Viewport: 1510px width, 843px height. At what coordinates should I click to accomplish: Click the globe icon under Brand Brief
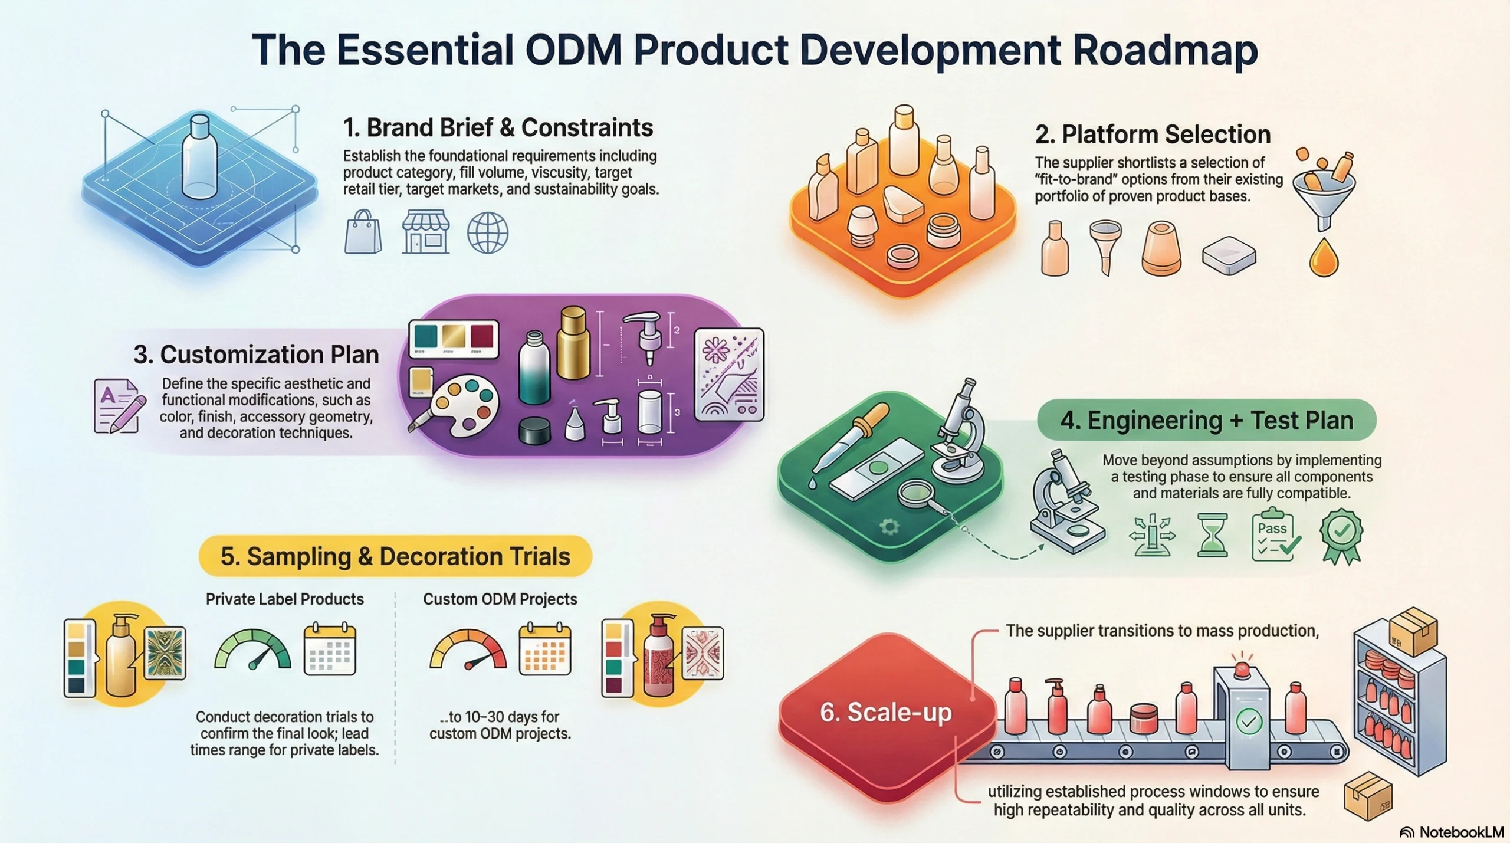tap(487, 233)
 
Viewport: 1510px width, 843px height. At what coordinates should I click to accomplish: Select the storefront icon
tap(425, 232)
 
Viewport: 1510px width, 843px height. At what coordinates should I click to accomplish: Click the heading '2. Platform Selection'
tap(1153, 135)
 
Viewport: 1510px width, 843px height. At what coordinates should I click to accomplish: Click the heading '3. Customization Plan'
tap(256, 355)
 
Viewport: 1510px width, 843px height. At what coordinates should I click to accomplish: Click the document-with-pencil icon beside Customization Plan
tap(119, 406)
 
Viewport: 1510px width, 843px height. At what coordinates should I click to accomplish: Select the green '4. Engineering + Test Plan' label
tap(1207, 420)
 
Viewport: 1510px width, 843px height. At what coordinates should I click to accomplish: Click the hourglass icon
tap(1213, 535)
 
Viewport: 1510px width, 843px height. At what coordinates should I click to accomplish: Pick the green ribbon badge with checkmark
tap(1341, 536)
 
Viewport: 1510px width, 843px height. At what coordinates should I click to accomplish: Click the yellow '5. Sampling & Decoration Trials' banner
tap(395, 556)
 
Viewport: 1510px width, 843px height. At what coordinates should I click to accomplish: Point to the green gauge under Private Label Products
tap(252, 650)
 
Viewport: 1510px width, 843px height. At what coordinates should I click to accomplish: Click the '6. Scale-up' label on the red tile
tap(886, 713)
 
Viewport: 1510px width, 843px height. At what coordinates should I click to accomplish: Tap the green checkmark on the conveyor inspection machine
tap(1249, 721)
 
